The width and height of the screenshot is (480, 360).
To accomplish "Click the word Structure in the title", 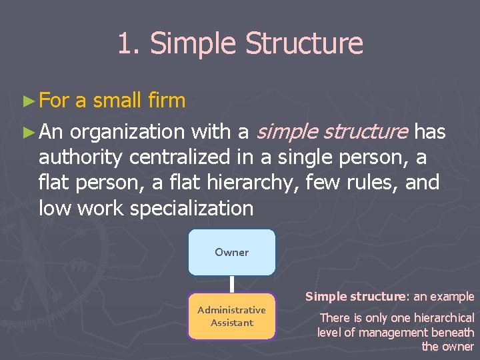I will click(x=304, y=44).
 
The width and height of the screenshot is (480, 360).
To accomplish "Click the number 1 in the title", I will click(x=124, y=44).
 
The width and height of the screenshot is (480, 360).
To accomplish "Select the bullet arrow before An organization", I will click(x=27, y=133).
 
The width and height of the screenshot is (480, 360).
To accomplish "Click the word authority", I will click(x=81, y=158).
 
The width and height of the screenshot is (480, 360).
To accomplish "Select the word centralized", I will click(x=183, y=157).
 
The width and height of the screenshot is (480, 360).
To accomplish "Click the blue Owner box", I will click(x=231, y=252).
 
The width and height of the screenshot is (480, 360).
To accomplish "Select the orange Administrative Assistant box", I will click(x=231, y=316).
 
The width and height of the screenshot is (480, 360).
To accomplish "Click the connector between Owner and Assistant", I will click(x=231, y=284).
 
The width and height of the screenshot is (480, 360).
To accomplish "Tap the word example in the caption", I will click(x=452, y=297).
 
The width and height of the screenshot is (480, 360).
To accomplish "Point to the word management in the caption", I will click(x=395, y=332).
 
